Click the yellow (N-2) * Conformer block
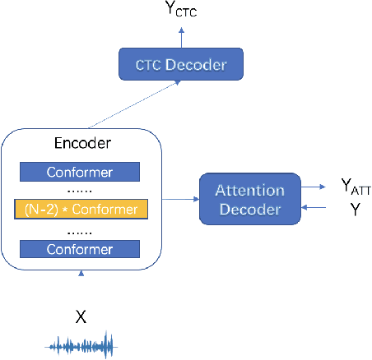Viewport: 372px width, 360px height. tap(81, 209)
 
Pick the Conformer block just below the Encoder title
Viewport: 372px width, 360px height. tap(81, 172)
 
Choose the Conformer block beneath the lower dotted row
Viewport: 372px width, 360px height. tap(81, 247)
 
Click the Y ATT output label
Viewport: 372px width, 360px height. tap(356, 190)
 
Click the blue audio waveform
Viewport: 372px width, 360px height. tap(81, 344)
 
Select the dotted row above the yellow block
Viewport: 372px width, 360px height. tap(81, 190)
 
